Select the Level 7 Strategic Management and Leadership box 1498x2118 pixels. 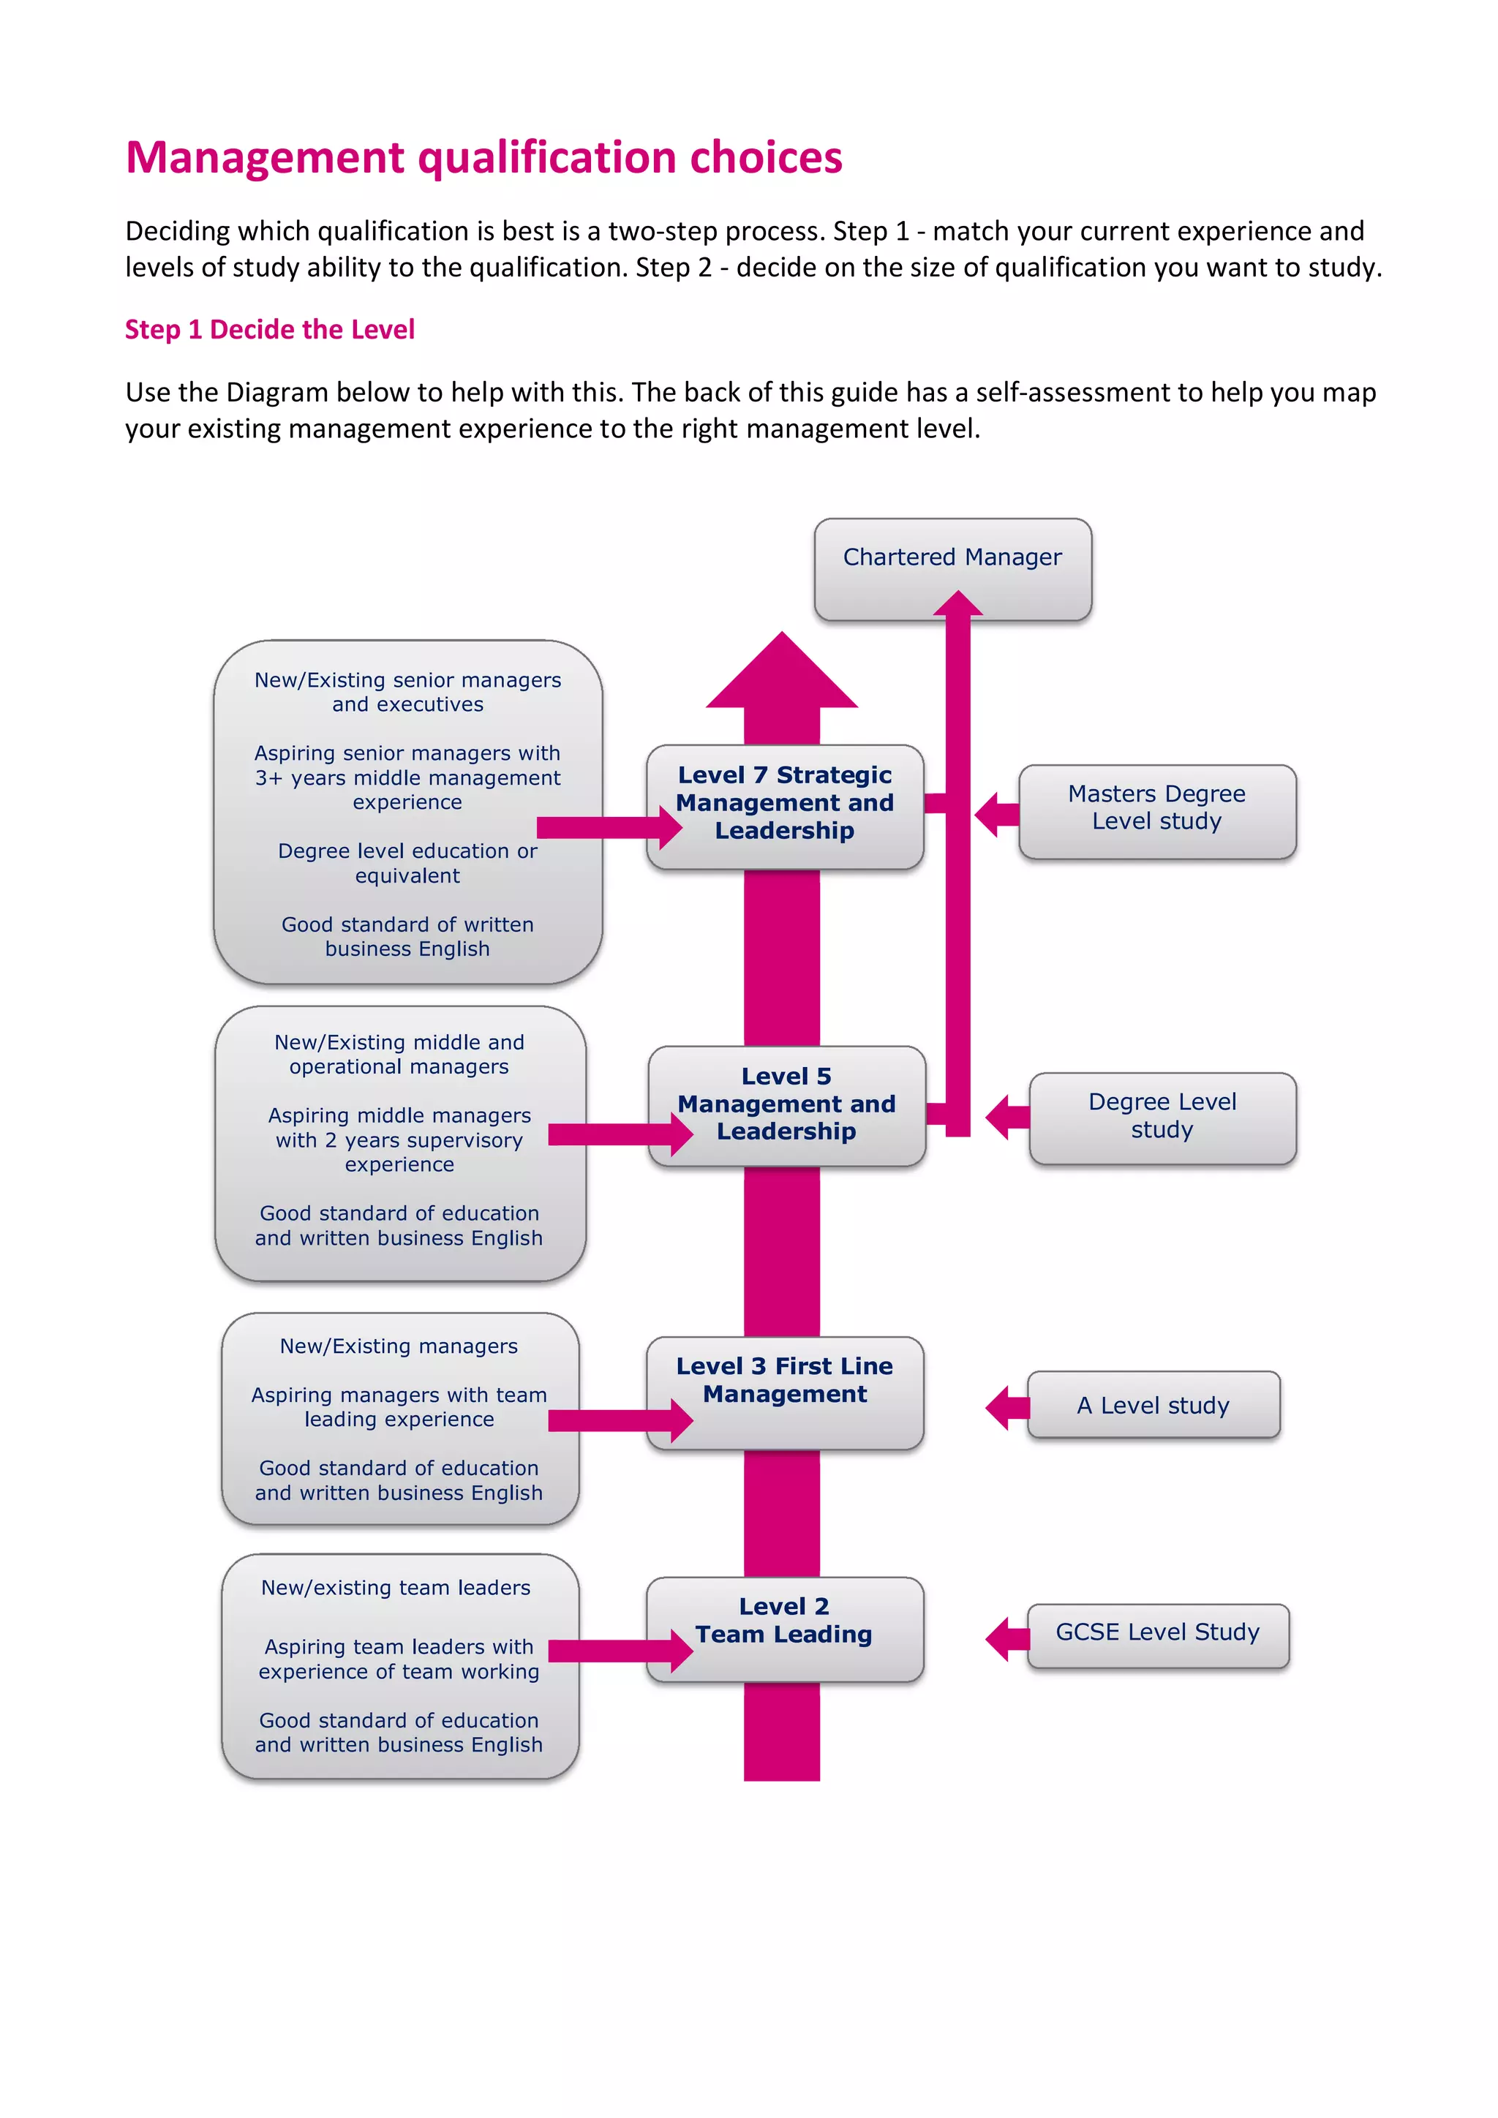pyautogui.click(x=784, y=804)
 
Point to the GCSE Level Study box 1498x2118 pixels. pyautogui.click(x=1158, y=1634)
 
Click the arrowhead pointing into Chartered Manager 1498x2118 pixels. pyautogui.click(x=957, y=604)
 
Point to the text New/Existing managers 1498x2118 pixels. pyautogui.click(x=399, y=1347)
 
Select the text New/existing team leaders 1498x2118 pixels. pyautogui.click(x=396, y=1588)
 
